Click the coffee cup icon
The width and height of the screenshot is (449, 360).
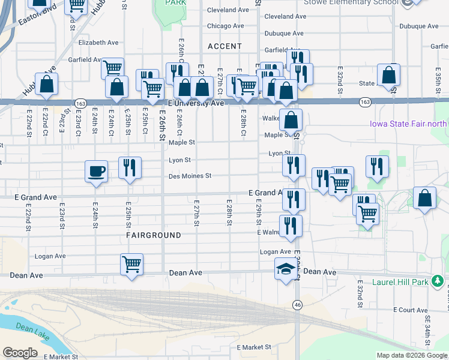(x=97, y=172)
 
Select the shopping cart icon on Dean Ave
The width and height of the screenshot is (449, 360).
(x=131, y=263)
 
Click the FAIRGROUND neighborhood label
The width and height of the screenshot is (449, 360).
(x=154, y=236)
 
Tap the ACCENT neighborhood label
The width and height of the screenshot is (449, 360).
(x=224, y=46)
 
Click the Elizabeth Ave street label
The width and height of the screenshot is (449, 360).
(x=98, y=43)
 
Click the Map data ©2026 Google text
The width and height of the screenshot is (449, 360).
(x=412, y=355)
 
